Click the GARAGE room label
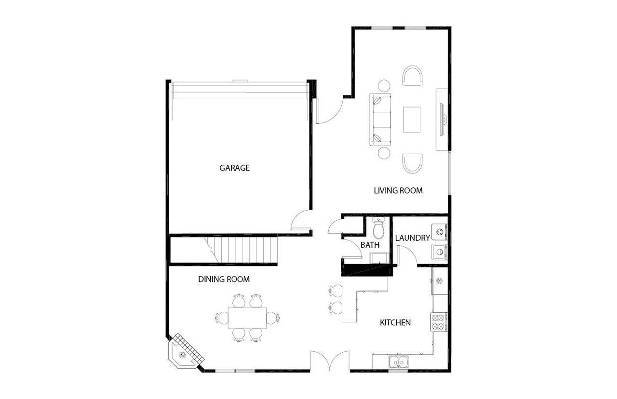(x=235, y=168)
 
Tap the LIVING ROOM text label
(x=398, y=190)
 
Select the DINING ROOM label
(x=224, y=279)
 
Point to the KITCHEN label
(x=395, y=322)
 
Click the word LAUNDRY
(x=412, y=238)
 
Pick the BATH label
(x=370, y=245)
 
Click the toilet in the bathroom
(x=379, y=227)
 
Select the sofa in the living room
(x=380, y=120)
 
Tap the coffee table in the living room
(x=411, y=119)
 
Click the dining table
(x=247, y=318)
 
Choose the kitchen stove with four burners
(x=439, y=321)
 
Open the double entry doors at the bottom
(x=330, y=361)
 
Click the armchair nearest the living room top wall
(x=412, y=76)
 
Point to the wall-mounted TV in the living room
(x=443, y=120)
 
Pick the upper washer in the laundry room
(x=439, y=232)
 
